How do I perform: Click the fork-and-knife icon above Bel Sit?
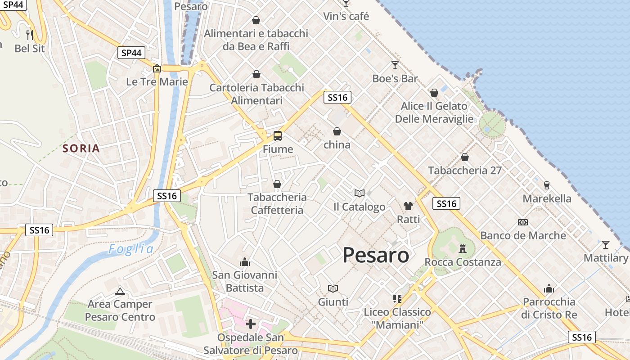[x=30, y=35]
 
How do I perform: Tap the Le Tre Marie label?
[x=157, y=82]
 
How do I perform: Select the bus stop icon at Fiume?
[x=278, y=135]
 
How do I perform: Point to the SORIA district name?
[x=81, y=148]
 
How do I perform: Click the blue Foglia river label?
[x=131, y=249]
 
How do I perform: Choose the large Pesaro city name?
[x=376, y=256]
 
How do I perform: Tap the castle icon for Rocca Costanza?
[x=462, y=248]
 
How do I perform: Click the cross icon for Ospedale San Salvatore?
[x=251, y=324]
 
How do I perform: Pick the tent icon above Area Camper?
[x=120, y=291]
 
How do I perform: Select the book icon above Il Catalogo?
[x=359, y=193]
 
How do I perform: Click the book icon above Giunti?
[x=333, y=288]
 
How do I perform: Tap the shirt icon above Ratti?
[x=408, y=206]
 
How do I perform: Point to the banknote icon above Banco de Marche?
[x=522, y=222]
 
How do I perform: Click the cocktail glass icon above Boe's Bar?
[x=395, y=65]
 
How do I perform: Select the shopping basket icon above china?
[x=337, y=131]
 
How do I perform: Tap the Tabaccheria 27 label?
[x=464, y=171]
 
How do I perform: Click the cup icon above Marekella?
[x=547, y=185]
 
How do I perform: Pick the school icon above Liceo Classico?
[x=397, y=298]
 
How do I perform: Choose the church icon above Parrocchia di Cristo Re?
[x=549, y=288]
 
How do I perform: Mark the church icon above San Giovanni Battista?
[x=245, y=261]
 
